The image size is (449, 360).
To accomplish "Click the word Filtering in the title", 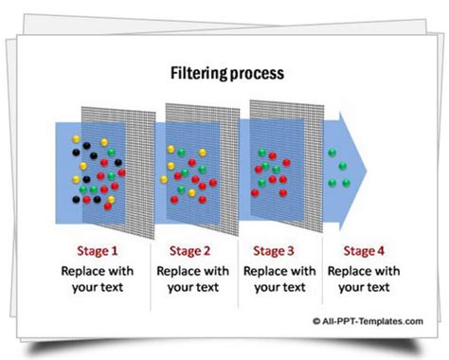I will [x=196, y=72].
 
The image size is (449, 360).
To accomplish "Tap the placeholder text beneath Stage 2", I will [x=192, y=279].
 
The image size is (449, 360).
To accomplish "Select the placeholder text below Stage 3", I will [x=277, y=279].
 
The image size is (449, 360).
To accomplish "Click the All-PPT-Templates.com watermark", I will [x=364, y=322].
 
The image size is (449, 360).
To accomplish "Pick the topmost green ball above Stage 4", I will [x=332, y=151].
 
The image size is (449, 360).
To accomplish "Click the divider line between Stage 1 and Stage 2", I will [x=151, y=275].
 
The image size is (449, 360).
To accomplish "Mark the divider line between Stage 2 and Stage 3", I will [x=234, y=275].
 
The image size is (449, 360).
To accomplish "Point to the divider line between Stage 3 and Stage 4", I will [x=318, y=275].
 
